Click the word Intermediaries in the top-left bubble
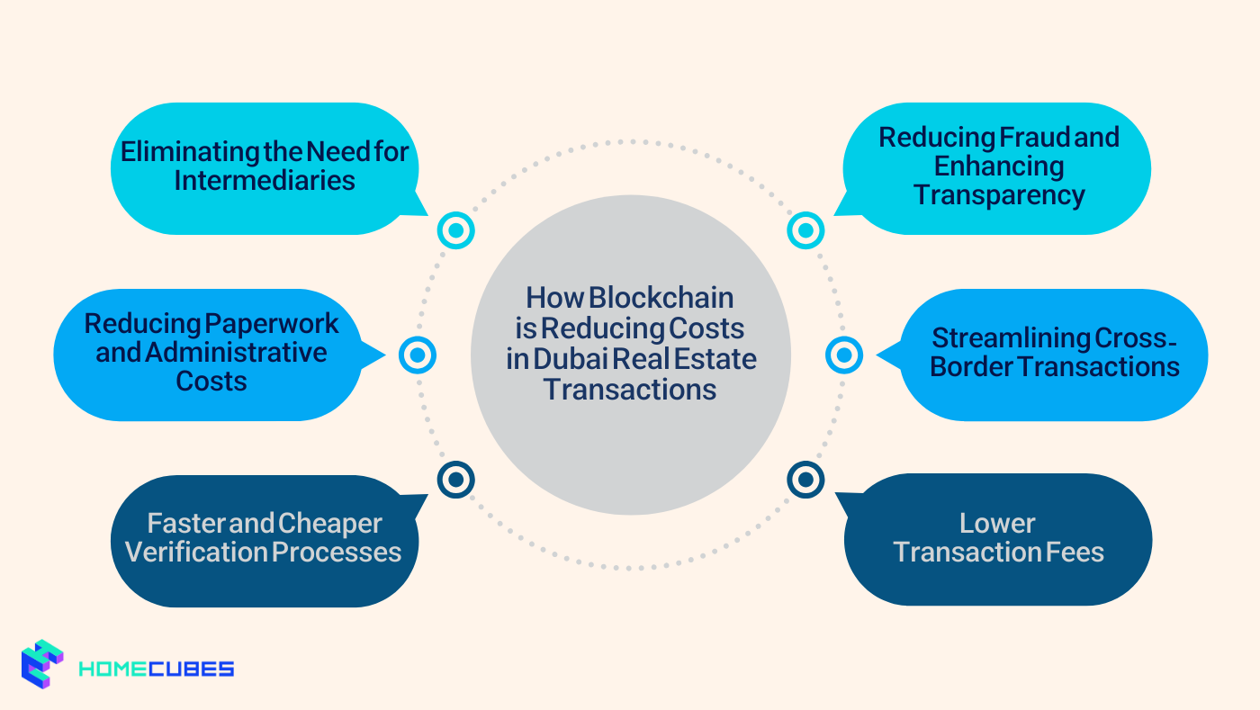(x=265, y=180)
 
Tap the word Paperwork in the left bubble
(x=273, y=322)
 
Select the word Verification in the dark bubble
(x=193, y=552)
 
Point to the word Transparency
(x=999, y=194)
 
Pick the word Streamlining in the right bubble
(x=1010, y=337)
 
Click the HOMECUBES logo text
(x=157, y=669)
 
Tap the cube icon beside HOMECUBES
(x=42, y=664)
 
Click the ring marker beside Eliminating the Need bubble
(x=456, y=230)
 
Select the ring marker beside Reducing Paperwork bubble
(x=418, y=355)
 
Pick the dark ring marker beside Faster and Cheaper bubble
(x=456, y=479)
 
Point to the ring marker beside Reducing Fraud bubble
(x=805, y=230)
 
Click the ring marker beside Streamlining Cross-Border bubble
(x=844, y=355)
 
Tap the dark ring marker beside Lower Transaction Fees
(x=805, y=479)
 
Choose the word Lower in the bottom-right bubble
(x=997, y=523)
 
